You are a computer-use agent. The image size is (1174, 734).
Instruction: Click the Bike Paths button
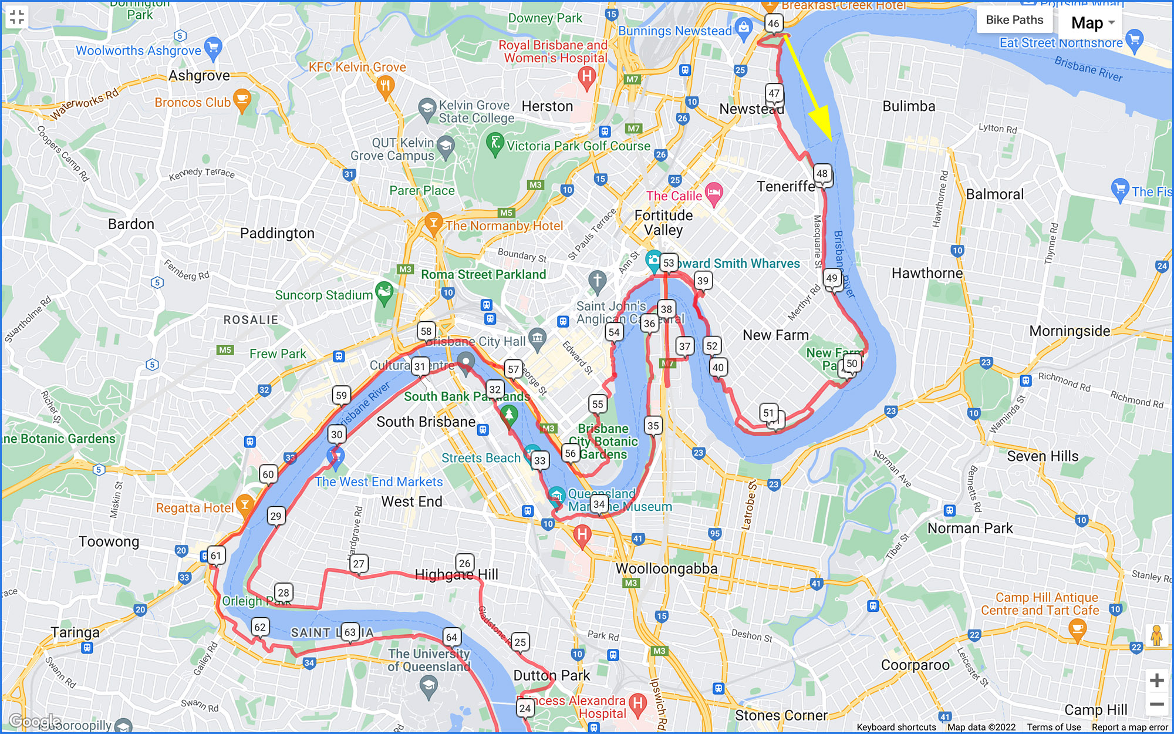pyautogui.click(x=1014, y=20)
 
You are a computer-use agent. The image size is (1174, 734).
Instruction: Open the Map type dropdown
pyautogui.click(x=1092, y=23)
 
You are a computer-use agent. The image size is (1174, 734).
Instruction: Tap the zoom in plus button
pyautogui.click(x=1156, y=681)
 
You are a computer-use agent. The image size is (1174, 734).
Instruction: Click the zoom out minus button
pyautogui.click(x=1156, y=704)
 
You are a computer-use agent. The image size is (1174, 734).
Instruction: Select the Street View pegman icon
pyautogui.click(x=1156, y=635)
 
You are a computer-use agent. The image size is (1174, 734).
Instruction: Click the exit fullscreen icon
pyautogui.click(x=17, y=17)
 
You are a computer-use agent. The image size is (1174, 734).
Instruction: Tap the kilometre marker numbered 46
pyautogui.click(x=773, y=23)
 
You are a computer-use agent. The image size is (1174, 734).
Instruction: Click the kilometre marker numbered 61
pyautogui.click(x=216, y=555)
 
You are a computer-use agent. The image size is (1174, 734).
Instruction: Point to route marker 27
pyautogui.click(x=359, y=564)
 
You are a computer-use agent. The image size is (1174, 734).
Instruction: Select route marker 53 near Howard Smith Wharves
pyautogui.click(x=669, y=262)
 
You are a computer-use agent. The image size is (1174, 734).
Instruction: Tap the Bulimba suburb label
pyautogui.click(x=909, y=106)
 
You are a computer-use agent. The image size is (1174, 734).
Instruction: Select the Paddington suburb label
pyautogui.click(x=277, y=234)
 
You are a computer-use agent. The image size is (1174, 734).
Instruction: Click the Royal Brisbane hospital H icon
pyautogui.click(x=586, y=76)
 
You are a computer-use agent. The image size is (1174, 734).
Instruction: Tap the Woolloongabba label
pyautogui.click(x=666, y=568)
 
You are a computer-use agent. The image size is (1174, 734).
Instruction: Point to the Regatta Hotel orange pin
pyautogui.click(x=244, y=506)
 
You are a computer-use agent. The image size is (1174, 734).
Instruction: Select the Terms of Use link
pyautogui.click(x=1054, y=727)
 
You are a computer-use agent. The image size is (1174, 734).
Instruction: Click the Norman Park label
pyautogui.click(x=970, y=528)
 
